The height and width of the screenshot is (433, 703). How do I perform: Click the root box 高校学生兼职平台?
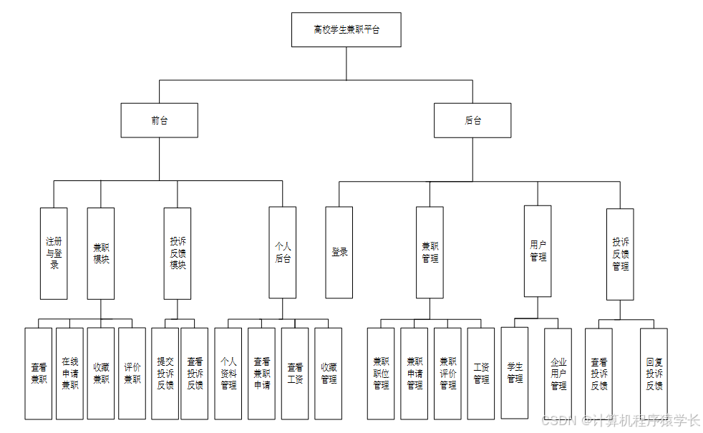(x=346, y=30)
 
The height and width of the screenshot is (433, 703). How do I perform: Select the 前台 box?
(x=159, y=120)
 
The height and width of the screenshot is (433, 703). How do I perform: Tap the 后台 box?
(x=472, y=120)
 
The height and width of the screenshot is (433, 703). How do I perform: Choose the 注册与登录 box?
(x=54, y=253)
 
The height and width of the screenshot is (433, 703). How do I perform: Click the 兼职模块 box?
(x=101, y=253)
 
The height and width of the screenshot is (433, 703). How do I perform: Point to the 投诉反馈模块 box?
(x=178, y=253)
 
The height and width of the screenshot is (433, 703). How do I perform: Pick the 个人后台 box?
(x=283, y=253)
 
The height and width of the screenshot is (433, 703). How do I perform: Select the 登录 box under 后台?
(x=339, y=253)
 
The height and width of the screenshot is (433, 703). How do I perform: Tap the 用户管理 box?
(x=538, y=251)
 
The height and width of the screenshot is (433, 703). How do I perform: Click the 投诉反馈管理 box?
(x=620, y=254)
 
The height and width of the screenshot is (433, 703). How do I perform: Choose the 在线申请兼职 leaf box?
(x=70, y=374)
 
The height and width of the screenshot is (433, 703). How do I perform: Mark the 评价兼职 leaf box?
(x=132, y=374)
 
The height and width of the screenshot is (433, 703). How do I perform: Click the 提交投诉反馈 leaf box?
(x=165, y=374)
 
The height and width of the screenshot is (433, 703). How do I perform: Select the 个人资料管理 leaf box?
(x=228, y=374)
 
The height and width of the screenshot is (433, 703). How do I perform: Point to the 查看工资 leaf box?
(x=295, y=374)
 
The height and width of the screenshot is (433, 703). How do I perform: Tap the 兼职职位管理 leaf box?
(x=381, y=374)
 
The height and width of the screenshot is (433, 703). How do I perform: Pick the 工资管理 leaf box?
(x=481, y=374)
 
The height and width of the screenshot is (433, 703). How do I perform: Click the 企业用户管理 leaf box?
(x=558, y=374)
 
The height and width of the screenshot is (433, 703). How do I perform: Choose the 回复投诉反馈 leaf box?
(x=654, y=374)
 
